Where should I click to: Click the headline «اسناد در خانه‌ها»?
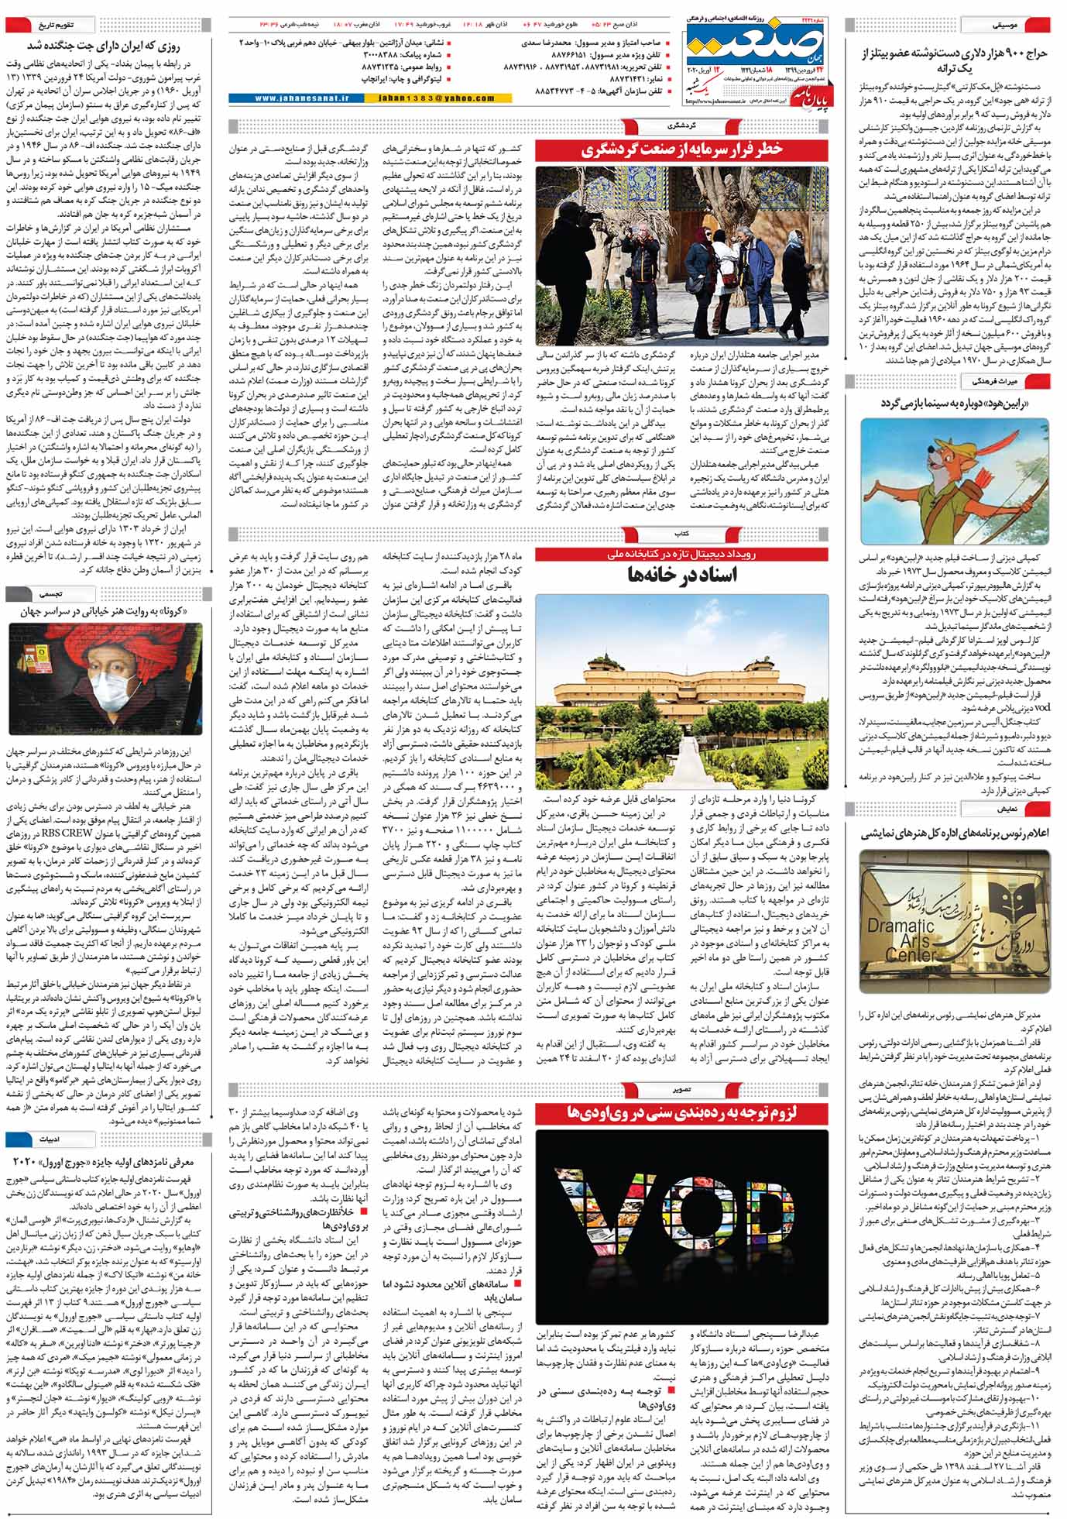point(681,574)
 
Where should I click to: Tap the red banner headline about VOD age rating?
point(681,1113)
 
